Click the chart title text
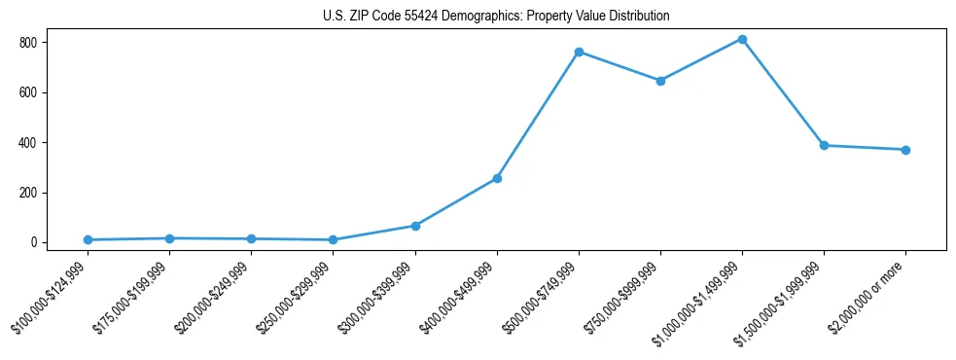pos(496,17)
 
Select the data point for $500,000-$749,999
pos(579,52)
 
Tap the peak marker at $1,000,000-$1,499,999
pos(742,39)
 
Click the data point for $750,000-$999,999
pos(660,81)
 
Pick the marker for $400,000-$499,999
pos(497,178)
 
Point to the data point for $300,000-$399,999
pos(415,226)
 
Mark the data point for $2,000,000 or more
pos(905,150)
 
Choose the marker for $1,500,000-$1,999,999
pos(824,145)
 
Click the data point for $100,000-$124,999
pos(88,239)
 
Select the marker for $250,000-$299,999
pos(333,239)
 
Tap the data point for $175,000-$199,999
pos(169,238)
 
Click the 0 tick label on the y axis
pos(33,242)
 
